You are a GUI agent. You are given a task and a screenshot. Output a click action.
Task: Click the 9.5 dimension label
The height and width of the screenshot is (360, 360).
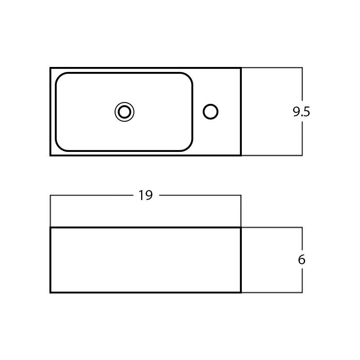[301, 111]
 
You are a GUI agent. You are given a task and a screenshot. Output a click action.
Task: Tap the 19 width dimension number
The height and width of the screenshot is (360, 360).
[146, 196]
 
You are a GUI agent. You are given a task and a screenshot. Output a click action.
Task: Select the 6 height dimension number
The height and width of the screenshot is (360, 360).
[302, 260]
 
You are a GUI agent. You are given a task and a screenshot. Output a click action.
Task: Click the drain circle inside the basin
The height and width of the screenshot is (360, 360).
[124, 112]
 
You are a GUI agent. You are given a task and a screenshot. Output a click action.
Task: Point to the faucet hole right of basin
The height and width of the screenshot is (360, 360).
[210, 111]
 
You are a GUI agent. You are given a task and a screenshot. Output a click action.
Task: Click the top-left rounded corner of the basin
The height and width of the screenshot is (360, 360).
[59, 76]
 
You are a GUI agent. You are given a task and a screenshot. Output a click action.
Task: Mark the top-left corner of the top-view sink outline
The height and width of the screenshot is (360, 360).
[51, 68]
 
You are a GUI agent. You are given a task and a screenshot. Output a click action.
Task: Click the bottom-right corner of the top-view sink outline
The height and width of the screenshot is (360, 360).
[241, 155]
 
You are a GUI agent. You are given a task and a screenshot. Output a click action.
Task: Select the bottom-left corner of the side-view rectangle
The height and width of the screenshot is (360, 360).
[51, 292]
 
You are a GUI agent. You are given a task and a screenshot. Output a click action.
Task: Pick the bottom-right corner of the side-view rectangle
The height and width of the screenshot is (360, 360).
[241, 292]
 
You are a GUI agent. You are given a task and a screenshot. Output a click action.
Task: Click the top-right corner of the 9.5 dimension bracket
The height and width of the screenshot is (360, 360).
[302, 68]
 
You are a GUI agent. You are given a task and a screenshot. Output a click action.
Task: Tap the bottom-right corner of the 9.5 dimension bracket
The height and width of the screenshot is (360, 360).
[302, 155]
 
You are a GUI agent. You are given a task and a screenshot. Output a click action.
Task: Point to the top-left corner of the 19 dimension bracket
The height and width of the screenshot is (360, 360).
[50, 196]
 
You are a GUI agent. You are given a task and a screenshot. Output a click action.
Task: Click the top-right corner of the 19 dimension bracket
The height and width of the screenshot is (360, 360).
[241, 196]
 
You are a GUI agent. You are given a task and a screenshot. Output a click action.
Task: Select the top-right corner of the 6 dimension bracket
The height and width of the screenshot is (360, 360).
[302, 227]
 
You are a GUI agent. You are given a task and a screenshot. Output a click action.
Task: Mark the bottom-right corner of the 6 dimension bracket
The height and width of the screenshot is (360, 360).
[302, 292]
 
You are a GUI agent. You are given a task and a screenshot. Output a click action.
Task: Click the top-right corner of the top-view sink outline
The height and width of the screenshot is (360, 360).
[241, 68]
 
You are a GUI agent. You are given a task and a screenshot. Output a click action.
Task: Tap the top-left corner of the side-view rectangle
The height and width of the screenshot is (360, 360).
[51, 228]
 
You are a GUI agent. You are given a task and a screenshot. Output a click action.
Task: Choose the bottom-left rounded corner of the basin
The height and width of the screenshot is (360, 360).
[59, 147]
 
